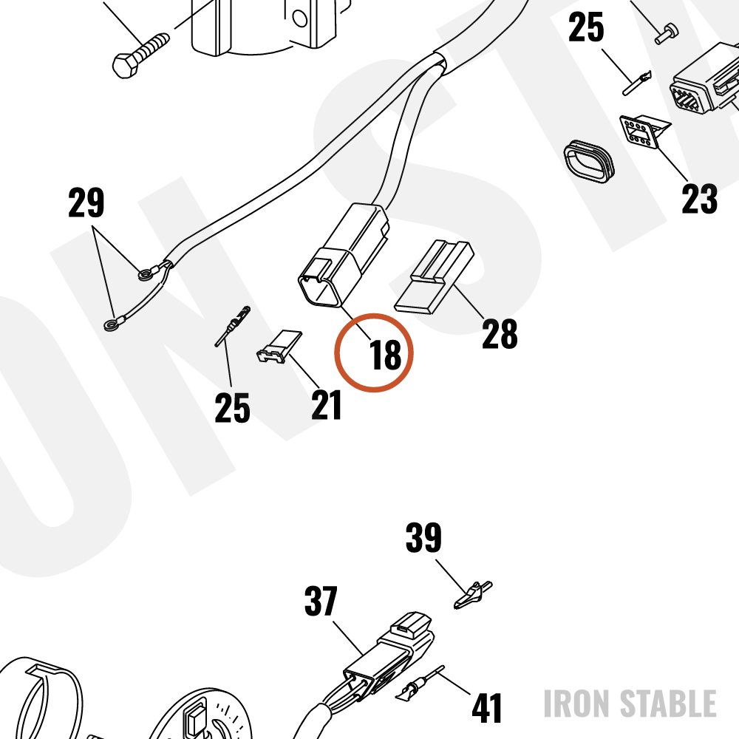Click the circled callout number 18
pyautogui.click(x=386, y=355)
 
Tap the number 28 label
pyautogui.click(x=500, y=334)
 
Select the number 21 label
pyautogui.click(x=326, y=405)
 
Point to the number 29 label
pyautogui.click(x=86, y=202)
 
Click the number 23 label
pyautogui.click(x=699, y=199)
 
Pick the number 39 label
pyautogui.click(x=423, y=537)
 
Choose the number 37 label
pyautogui.click(x=321, y=601)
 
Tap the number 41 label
pyautogui.click(x=487, y=708)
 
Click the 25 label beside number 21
pyautogui.click(x=232, y=408)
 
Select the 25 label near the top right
pyautogui.click(x=586, y=27)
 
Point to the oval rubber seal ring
pyautogui.click(x=589, y=161)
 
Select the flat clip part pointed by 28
pyautogui.click(x=434, y=277)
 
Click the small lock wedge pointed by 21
pyautogui.click(x=279, y=347)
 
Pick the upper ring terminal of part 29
pyautogui.click(x=146, y=273)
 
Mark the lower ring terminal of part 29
pyautogui.click(x=112, y=324)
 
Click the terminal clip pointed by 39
pyautogui.click(x=473, y=595)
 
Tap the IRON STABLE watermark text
pyautogui.click(x=630, y=704)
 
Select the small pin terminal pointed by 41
pyautogui.click(x=420, y=682)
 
